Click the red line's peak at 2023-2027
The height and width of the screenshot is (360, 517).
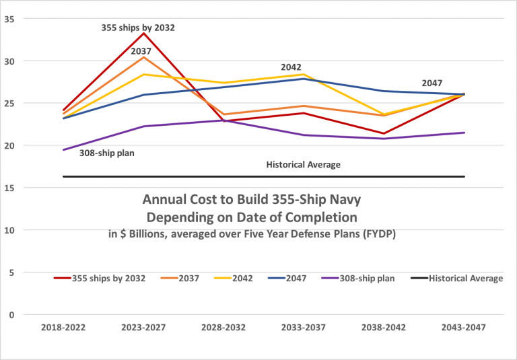tap(144, 33)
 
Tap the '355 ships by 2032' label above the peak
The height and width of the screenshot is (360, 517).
tap(138, 28)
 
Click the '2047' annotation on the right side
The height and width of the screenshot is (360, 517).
tap(432, 83)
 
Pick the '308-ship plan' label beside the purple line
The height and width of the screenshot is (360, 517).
tap(107, 153)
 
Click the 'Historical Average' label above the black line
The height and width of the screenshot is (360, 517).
tap(304, 165)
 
